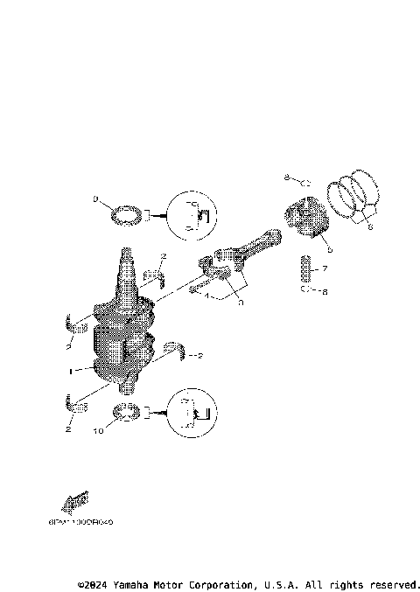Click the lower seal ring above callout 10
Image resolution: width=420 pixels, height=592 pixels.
tap(128, 412)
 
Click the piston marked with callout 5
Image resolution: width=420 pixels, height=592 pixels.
tap(308, 219)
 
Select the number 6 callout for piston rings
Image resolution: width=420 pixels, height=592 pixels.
tap(369, 226)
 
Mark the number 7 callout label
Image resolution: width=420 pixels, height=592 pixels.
tap(324, 269)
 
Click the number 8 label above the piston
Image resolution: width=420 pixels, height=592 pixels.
tap(285, 178)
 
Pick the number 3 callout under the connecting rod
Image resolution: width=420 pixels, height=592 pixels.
tap(241, 302)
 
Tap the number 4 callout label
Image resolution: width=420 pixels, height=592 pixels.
tap(206, 296)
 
